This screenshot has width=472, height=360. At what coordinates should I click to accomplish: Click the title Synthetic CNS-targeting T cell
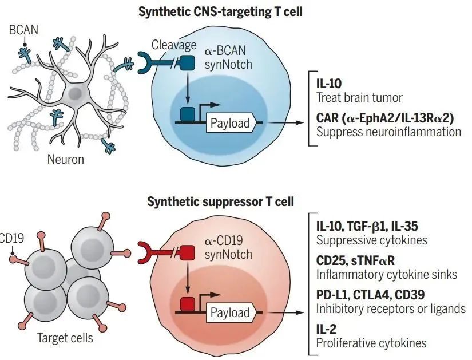pos(220,11)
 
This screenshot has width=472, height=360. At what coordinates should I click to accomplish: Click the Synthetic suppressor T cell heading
pos(220,201)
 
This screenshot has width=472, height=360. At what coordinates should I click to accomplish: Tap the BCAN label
pos(23,29)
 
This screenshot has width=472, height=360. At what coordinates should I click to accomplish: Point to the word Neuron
pos(65,159)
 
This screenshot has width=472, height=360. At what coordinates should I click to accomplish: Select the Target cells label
pos(65,338)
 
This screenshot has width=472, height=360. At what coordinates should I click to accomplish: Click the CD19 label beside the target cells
pos(11,236)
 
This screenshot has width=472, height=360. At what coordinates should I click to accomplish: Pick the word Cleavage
pos(174,45)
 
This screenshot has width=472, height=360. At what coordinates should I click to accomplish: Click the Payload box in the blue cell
pos(230,123)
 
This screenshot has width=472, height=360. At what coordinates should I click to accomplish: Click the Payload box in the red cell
pos(230,312)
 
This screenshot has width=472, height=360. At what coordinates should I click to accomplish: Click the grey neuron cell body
pos(74,94)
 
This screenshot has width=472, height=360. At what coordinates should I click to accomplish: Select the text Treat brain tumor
pos(359,97)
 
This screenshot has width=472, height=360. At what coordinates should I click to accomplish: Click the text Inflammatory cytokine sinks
pos(387,275)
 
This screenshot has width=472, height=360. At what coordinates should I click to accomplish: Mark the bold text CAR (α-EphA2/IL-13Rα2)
pos(384,118)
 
